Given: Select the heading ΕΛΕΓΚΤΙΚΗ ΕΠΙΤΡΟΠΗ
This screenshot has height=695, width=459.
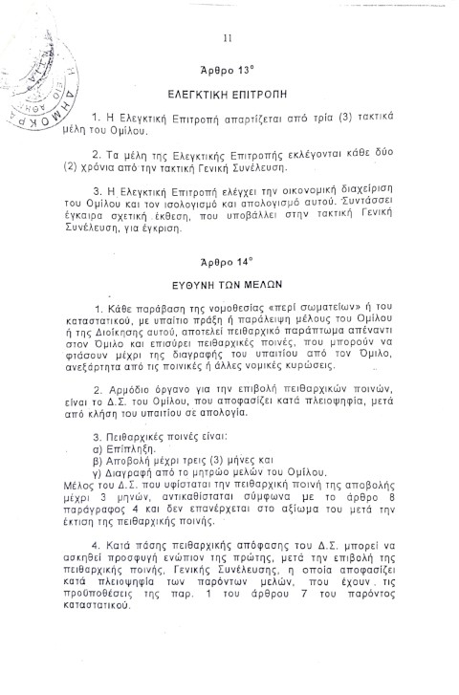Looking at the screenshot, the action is click(x=229, y=97).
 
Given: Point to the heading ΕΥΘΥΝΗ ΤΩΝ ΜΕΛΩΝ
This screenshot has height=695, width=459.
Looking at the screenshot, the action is click(x=229, y=284).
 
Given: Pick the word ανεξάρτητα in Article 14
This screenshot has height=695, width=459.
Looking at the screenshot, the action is click(x=109, y=364).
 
